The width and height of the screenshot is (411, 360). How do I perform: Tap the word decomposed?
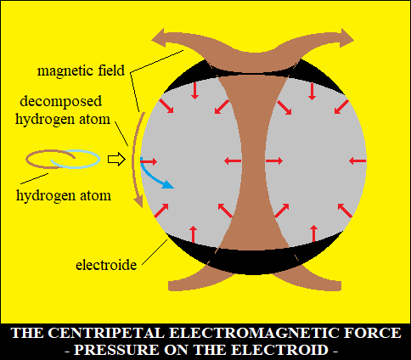coord(60,101)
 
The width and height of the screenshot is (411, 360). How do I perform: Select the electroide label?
coord(106,265)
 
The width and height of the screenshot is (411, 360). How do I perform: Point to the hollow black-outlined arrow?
coord(116,160)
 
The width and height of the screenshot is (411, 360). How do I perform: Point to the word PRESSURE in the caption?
coord(116,350)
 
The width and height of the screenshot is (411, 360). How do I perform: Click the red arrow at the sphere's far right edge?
coord(358,161)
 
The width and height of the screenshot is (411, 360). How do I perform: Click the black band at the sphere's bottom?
coord(255,261)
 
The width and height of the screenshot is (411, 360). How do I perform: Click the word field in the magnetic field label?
coord(111,70)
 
